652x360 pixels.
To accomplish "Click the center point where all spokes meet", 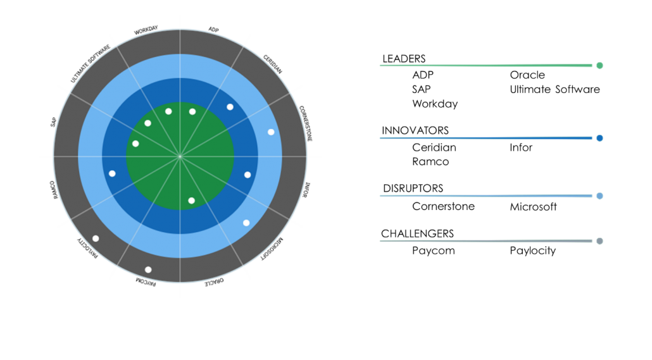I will (x=180, y=156).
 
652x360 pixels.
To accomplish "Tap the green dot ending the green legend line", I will (x=599, y=65).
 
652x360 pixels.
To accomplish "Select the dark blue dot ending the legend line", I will (x=599, y=138).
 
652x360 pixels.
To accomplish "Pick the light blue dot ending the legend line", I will (x=599, y=196).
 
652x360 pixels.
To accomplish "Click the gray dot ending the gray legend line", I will (x=599, y=241).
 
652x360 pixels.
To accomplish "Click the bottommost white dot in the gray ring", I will (x=148, y=270).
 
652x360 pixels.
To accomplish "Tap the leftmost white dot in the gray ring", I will (x=96, y=239).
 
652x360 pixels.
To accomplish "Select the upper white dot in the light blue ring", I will (x=271, y=132).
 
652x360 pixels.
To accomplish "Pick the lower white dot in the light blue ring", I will (x=246, y=223).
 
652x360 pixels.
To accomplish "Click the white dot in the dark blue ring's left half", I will (x=112, y=173).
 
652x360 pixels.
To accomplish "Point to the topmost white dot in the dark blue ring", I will (x=230, y=107).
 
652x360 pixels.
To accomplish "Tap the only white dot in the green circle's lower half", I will (x=191, y=201).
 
